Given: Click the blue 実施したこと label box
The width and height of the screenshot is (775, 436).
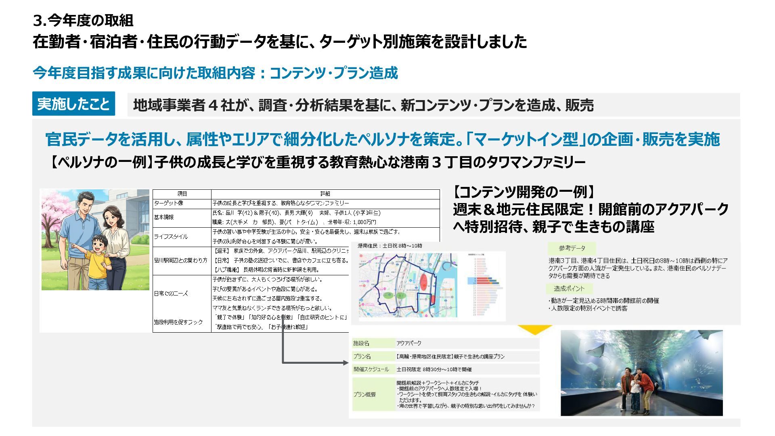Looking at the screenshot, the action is click(73, 104).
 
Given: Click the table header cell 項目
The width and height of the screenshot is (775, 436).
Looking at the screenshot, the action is click(182, 194).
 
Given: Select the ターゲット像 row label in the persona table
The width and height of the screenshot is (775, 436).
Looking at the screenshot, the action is click(169, 203).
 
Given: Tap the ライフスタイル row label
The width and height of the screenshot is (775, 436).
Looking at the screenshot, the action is click(171, 237).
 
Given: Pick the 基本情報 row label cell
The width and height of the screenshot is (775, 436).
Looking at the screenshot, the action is click(164, 217).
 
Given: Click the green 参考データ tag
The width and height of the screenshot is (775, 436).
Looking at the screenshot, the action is click(572, 248).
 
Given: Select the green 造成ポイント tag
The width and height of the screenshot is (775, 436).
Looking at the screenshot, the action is click(569, 289).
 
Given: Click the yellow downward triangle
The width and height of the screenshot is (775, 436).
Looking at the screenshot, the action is click(534, 330).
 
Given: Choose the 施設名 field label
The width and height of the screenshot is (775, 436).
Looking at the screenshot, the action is click(361, 343).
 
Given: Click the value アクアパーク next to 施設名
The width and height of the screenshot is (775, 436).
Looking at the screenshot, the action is click(409, 343).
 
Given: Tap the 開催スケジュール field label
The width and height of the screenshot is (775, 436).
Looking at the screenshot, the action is click(371, 369).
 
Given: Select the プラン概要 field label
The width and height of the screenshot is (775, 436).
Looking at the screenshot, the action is click(364, 394).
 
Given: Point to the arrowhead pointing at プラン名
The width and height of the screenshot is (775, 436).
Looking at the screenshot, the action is click(346, 363).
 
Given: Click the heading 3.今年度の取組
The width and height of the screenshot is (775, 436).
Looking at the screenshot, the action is click(83, 20).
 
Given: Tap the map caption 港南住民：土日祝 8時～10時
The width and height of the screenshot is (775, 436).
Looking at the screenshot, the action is click(390, 245).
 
